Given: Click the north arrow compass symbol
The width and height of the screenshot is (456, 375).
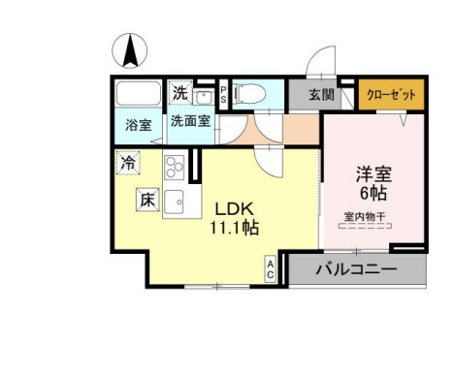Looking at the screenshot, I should pyautogui.click(x=130, y=49).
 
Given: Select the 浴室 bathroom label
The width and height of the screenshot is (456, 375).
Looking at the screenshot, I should pyautogui.click(x=139, y=126).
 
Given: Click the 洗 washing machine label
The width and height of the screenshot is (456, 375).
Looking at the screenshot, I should pyautogui.click(x=179, y=94).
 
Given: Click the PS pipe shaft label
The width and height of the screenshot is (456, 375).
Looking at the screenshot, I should pyautogui.click(x=222, y=95).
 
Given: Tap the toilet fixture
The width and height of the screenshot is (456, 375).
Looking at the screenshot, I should pyautogui.click(x=252, y=95).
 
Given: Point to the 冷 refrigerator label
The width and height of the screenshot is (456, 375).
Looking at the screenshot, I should pyautogui.click(x=127, y=163).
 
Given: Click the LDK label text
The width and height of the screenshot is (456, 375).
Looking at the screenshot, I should pyautogui.click(x=232, y=208).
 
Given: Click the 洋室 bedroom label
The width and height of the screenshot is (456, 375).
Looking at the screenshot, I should pyautogui.click(x=373, y=174).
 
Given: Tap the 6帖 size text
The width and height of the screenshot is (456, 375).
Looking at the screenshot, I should pyautogui.click(x=373, y=193).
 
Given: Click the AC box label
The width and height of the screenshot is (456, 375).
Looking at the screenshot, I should pyautogui.click(x=271, y=268).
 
